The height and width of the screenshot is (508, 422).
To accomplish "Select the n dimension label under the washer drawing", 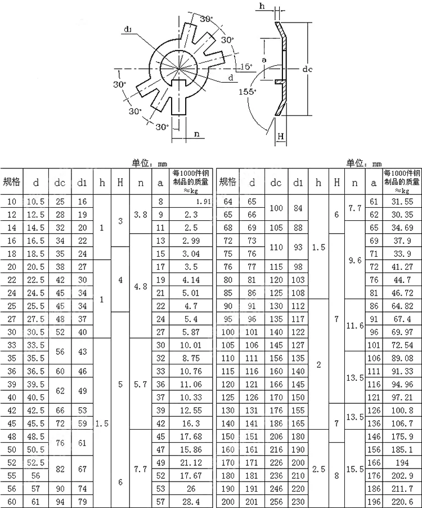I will point(196,133).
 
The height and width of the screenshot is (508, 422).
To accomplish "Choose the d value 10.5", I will point(35,202).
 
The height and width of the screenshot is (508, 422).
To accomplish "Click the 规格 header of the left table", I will point(11,182).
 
